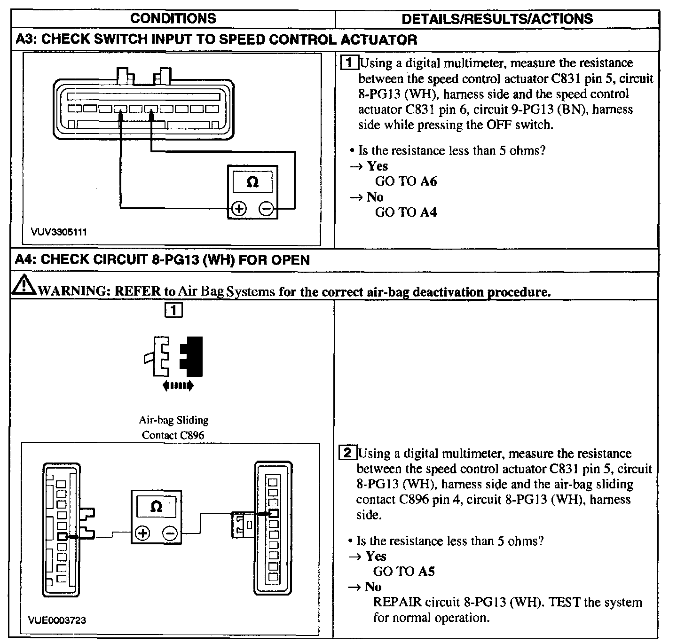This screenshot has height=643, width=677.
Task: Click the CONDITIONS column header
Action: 173,18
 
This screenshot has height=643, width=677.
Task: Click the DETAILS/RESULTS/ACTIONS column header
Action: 497,18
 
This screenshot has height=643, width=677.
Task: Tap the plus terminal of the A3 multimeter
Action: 239,209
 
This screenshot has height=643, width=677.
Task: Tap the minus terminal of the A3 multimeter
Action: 267,209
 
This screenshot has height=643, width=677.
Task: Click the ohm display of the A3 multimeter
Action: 252,182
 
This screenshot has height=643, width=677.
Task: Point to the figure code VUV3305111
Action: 59,232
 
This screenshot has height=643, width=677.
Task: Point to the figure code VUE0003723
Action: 57,620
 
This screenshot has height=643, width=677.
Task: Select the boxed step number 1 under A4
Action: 173,310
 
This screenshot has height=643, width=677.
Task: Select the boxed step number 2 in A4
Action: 347,453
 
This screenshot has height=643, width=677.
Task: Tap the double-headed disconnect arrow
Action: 177,386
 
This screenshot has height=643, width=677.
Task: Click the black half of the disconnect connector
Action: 193,356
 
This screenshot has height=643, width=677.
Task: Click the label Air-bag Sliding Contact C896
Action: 173,427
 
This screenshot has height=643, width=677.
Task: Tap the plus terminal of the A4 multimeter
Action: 142,533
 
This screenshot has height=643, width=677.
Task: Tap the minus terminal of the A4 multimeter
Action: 170,533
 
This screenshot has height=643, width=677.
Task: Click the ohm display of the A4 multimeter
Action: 156,507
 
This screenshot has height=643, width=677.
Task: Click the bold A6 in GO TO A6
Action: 428,181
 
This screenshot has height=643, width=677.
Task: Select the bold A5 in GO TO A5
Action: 426,571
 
